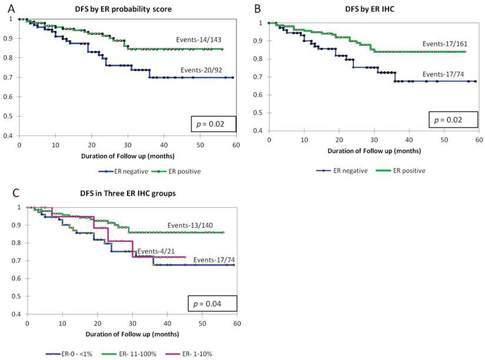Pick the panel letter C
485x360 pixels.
5,194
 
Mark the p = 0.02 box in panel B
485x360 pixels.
453,120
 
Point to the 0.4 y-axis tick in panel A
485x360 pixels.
12,136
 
